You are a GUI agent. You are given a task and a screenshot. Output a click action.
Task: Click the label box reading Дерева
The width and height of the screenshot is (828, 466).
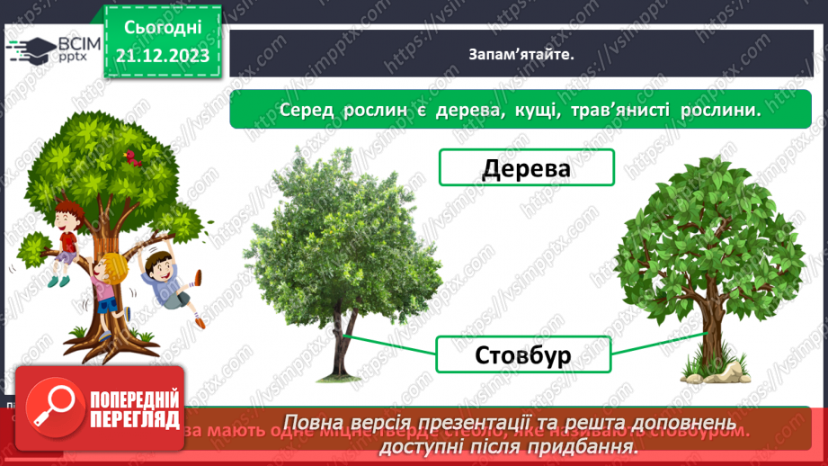(526, 168)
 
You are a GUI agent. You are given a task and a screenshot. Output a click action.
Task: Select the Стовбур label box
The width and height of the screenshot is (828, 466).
(522, 354)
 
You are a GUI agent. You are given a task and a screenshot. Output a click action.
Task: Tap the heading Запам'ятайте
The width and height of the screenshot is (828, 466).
(521, 53)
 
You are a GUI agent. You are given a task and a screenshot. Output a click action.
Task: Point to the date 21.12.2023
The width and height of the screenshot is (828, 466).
(162, 56)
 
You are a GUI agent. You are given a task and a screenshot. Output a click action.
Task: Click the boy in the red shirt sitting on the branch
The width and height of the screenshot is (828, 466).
(65, 229)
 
